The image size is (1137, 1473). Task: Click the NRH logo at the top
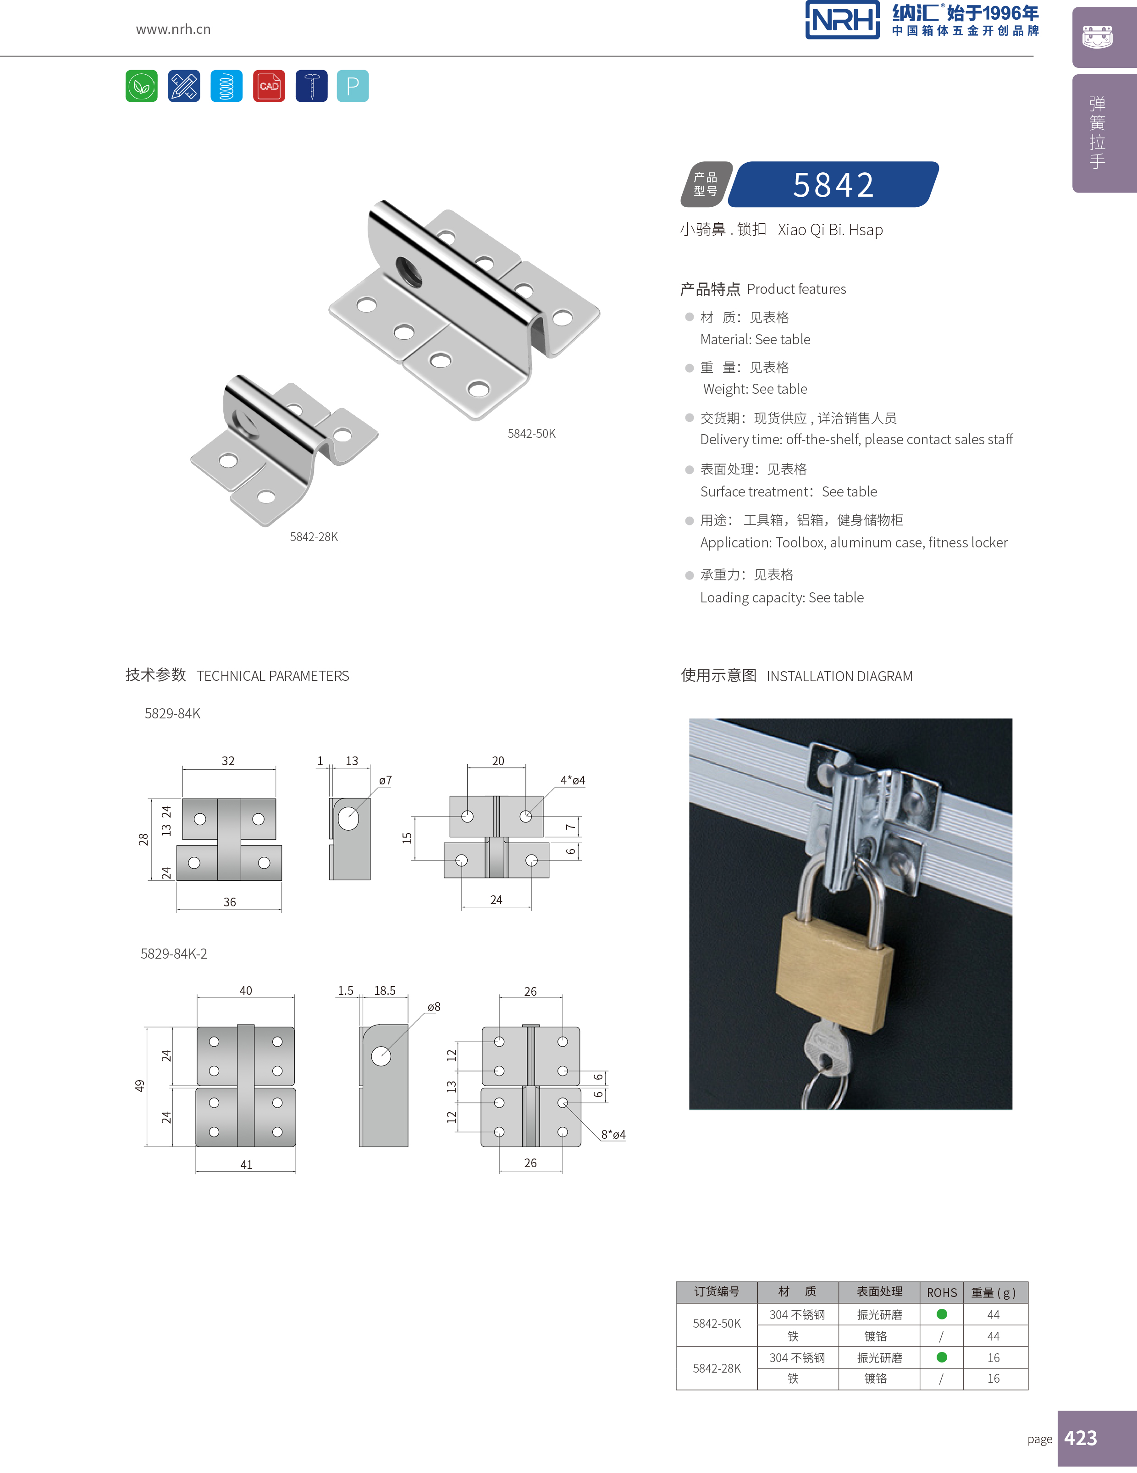(842, 20)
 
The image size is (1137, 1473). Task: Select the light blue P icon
(353, 86)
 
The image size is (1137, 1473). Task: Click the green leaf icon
(142, 86)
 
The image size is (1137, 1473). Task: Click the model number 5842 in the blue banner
(833, 185)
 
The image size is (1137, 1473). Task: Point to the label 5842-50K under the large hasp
(531, 434)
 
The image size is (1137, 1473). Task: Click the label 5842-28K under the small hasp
(314, 537)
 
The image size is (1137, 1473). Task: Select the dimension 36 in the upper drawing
(229, 902)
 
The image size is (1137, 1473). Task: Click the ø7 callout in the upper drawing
(385, 780)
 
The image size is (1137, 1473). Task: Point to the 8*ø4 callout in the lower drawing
(613, 1135)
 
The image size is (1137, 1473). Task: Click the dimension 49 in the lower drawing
(139, 1086)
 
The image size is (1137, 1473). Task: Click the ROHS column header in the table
(941, 1293)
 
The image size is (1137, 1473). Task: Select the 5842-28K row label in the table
(717, 1368)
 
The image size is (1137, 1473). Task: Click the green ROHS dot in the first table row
(942, 1314)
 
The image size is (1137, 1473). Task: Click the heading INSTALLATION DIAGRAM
(839, 677)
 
